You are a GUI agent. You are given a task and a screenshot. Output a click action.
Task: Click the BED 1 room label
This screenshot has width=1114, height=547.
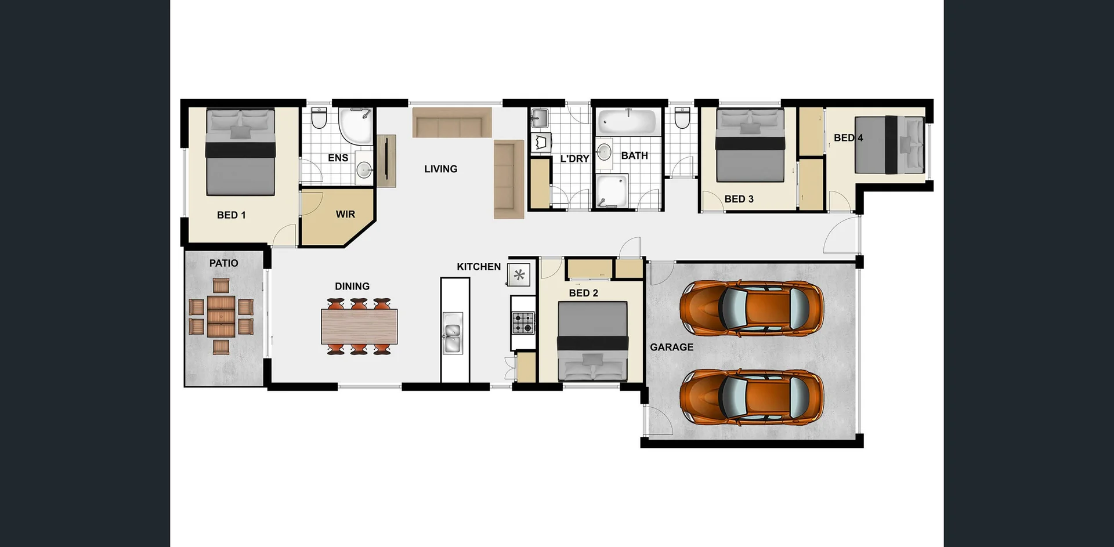[x=231, y=215]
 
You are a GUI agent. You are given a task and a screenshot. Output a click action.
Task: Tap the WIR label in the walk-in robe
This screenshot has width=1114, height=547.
[x=345, y=215]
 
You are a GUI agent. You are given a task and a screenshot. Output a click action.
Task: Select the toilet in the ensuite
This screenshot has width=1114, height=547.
[x=319, y=118]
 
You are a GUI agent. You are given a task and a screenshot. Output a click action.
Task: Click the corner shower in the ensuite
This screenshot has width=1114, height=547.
[x=355, y=126]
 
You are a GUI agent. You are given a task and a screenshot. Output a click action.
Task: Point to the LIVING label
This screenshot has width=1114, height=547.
[x=440, y=169]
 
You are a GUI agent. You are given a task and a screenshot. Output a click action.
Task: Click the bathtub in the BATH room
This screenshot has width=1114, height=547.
[x=627, y=122]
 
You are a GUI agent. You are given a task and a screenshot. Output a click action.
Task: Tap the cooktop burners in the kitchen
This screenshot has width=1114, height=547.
[x=523, y=323]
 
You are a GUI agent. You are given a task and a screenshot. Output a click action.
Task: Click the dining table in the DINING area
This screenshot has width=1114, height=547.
[x=359, y=327]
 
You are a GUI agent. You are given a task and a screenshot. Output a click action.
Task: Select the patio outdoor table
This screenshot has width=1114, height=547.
[x=221, y=316]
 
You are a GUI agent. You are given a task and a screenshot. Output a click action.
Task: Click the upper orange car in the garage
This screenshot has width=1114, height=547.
[x=751, y=309]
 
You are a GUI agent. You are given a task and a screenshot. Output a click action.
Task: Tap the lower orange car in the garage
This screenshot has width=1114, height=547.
[x=751, y=397]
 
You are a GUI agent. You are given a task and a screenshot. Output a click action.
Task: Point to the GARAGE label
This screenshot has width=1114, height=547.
[x=671, y=347]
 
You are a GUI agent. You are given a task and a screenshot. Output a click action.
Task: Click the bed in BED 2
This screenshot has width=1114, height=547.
[x=592, y=340]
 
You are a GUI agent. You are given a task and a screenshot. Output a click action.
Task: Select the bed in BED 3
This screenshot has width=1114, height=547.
[x=750, y=145]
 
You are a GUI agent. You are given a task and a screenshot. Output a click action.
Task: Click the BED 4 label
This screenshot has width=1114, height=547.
[x=848, y=138]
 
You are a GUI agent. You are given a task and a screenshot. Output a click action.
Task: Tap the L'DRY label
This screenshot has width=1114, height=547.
[x=574, y=159]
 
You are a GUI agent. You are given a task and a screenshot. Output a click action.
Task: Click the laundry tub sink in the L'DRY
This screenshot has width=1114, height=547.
[x=539, y=118]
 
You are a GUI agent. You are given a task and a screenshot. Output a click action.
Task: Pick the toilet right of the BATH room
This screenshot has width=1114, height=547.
[x=682, y=118]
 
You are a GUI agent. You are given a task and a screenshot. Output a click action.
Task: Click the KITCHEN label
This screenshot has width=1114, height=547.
[x=478, y=267]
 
